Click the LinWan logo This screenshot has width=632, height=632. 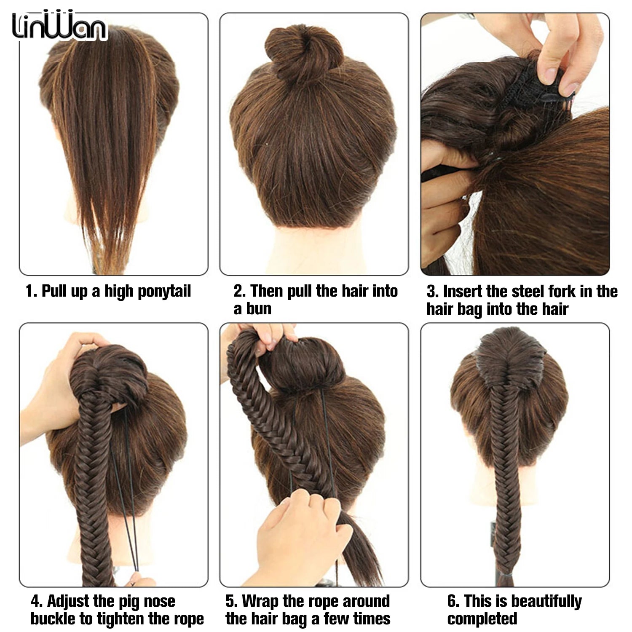pos(59,26)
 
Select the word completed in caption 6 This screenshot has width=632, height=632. pos(482,619)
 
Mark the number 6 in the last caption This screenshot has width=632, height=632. pos(452,601)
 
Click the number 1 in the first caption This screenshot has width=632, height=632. pos(29,291)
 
